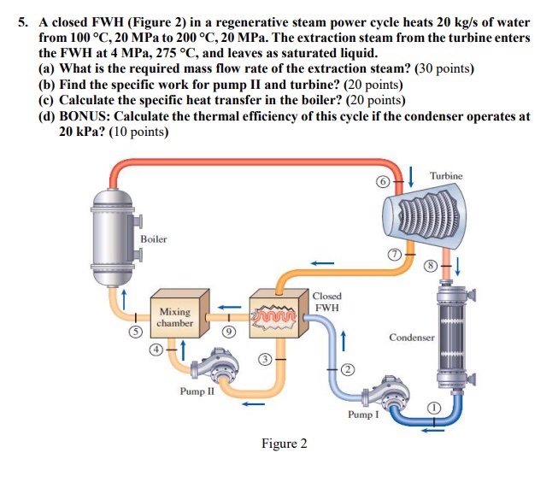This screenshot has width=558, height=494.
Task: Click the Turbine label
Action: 446,176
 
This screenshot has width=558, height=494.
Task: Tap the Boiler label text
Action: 154,239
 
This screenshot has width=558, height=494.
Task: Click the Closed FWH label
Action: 326,301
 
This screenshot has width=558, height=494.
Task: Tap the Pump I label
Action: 361,414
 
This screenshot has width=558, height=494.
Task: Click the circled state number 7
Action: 395,256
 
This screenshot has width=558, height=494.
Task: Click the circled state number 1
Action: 434,409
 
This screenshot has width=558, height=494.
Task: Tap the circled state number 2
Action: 349,368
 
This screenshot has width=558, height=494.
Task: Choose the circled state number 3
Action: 266,361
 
